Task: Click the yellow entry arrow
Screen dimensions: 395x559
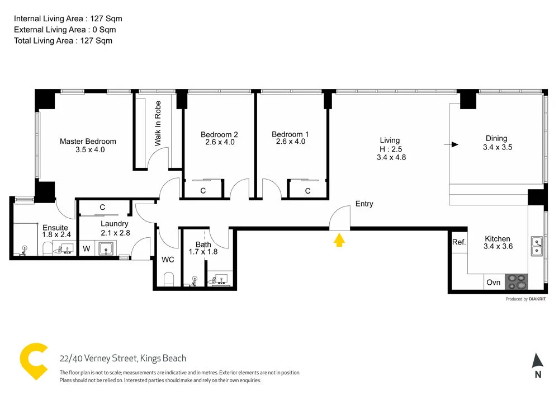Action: coord(339,240)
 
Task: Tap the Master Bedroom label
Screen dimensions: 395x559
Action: coord(88,142)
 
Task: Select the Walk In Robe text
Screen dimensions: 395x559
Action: coord(158,123)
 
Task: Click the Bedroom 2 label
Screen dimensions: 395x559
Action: coord(219,134)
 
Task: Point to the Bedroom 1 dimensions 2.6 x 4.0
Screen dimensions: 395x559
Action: coord(290,142)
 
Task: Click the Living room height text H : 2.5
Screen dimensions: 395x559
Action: coord(391,149)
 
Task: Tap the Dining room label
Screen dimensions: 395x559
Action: coord(496,138)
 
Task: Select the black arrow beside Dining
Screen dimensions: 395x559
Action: coord(453,144)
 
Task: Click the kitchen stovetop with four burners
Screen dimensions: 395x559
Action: coord(516,281)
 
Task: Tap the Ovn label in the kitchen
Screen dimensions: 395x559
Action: coord(494,283)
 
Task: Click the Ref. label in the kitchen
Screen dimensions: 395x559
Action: coord(459,242)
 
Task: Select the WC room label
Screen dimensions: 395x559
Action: coord(168,260)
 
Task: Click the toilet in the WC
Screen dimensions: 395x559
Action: coord(168,278)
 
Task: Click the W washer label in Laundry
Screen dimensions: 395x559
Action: coord(87,248)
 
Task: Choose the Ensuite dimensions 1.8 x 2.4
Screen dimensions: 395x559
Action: coord(56,235)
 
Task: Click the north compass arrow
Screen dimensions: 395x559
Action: coord(537,361)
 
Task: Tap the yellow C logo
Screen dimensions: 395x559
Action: coord(33,360)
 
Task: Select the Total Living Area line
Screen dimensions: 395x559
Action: coord(63,40)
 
